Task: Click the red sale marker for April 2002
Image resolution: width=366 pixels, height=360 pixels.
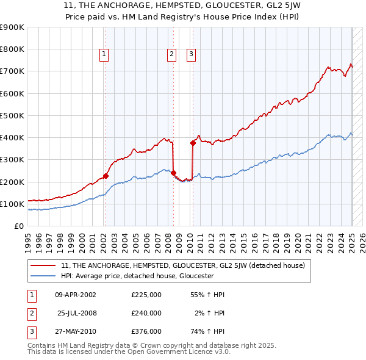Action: click(x=106, y=176)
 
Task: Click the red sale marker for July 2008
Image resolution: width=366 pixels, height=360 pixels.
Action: click(x=173, y=173)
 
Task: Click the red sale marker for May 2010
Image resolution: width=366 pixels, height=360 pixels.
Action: click(x=193, y=143)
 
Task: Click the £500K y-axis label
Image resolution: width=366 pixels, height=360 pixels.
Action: click(x=13, y=115)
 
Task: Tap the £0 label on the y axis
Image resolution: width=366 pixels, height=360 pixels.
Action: click(x=18, y=226)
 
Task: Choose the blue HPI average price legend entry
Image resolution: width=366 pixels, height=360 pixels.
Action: click(x=137, y=276)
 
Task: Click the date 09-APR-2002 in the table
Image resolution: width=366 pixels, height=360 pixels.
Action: click(x=76, y=295)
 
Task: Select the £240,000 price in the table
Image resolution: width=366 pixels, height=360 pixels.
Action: click(x=146, y=313)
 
